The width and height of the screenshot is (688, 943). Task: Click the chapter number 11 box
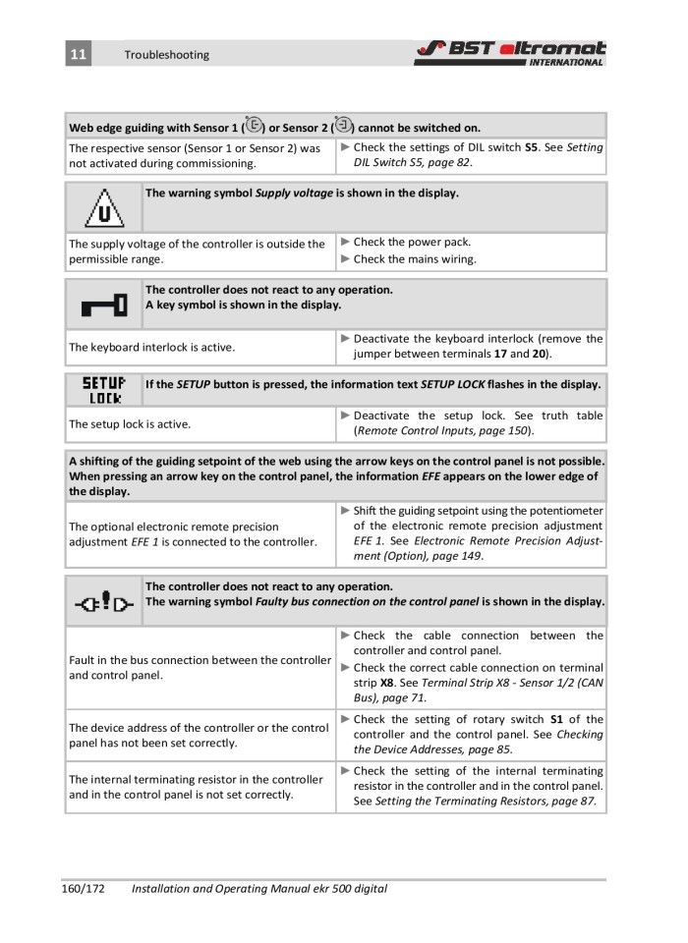pos(78,54)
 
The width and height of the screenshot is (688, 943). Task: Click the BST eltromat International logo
pos(509,53)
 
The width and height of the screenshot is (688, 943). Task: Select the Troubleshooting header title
pos(166,55)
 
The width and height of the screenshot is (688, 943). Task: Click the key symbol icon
pos(103,305)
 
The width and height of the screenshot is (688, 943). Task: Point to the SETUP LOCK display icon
pos(103,390)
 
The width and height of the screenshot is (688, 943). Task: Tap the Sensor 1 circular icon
pos(254,126)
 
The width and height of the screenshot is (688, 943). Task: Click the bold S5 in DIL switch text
pos(531,147)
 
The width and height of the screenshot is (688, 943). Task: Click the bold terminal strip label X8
pos(387,682)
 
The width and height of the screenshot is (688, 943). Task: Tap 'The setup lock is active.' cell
pos(129,424)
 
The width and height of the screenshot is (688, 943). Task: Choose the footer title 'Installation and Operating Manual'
pos(226,889)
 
